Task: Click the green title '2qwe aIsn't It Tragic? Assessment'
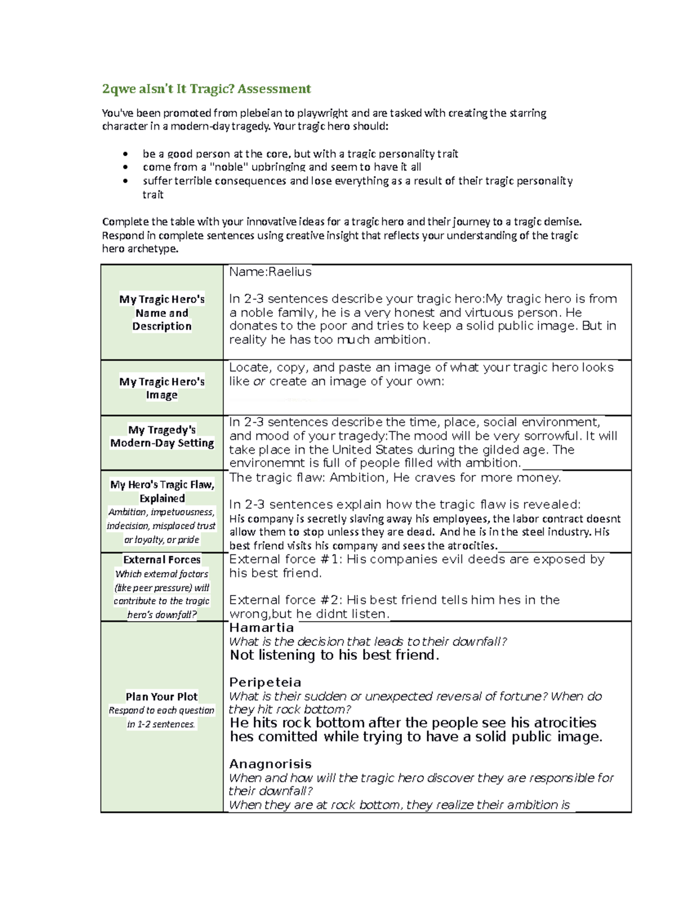pyautogui.click(x=206, y=88)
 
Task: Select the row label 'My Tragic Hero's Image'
pyautogui.click(x=162, y=388)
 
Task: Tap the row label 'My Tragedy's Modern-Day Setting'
pyautogui.click(x=162, y=436)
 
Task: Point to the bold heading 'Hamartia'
pyautogui.click(x=261, y=627)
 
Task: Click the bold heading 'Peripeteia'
pyautogui.click(x=265, y=682)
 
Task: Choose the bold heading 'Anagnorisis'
pyautogui.click(x=270, y=764)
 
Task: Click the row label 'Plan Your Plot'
pyautogui.click(x=162, y=696)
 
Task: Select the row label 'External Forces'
pyautogui.click(x=162, y=559)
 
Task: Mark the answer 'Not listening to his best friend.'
pyautogui.click(x=334, y=655)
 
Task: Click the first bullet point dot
pyautogui.click(x=125, y=154)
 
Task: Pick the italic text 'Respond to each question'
pyautogui.click(x=162, y=710)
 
